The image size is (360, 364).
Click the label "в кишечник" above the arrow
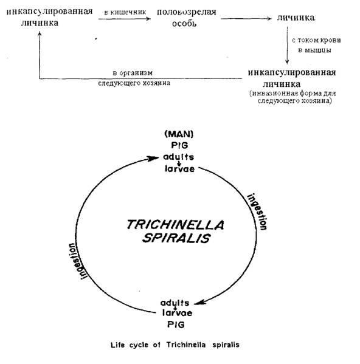tap(125, 12)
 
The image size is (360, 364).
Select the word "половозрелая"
tap(187, 12)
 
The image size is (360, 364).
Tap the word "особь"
tap(184, 23)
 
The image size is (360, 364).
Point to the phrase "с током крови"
tap(316, 40)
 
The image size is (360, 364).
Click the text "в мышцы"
tap(315, 50)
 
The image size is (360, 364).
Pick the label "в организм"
tap(133, 73)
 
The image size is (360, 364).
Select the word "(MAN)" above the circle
tap(179, 134)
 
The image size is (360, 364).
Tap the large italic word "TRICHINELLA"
tap(175, 225)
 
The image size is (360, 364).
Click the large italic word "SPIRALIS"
tap(176, 238)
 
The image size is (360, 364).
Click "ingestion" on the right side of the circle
tap(257, 211)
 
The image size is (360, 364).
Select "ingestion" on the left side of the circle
tap(78, 261)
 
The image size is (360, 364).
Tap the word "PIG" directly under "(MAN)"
tap(179, 145)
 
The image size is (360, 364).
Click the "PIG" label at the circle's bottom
tap(176, 325)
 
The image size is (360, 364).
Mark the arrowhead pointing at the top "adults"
tap(154, 159)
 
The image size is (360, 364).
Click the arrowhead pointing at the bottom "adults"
tap(199, 302)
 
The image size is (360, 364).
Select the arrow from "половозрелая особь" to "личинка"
tap(246, 19)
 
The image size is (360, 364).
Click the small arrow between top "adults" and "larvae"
tap(179, 163)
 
